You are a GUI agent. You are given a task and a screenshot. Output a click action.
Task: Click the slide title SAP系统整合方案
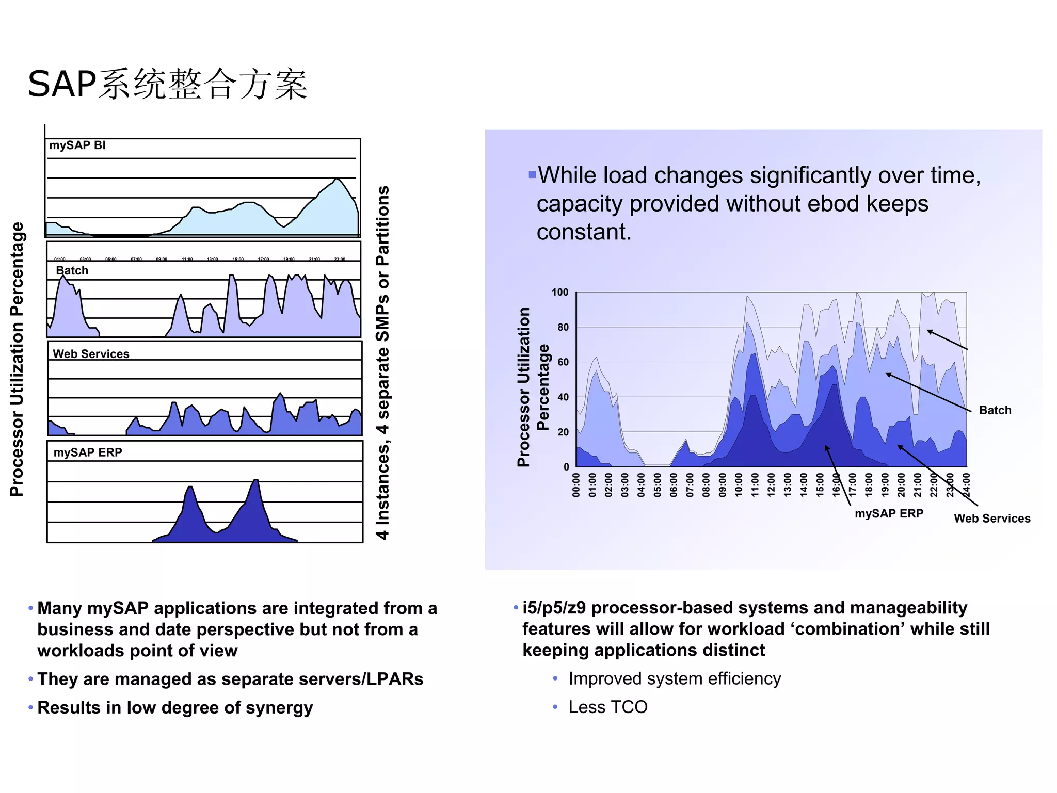(168, 84)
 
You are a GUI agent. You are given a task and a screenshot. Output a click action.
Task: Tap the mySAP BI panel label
(77, 145)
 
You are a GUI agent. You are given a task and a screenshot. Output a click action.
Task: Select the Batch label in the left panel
(72, 271)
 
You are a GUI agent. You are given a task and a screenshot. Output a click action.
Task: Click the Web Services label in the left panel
(91, 354)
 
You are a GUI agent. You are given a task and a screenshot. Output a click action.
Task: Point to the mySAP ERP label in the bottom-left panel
(88, 452)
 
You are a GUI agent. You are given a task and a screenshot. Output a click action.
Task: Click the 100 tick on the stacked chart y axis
(560, 293)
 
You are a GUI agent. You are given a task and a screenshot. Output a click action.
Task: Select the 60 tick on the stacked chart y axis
(563, 362)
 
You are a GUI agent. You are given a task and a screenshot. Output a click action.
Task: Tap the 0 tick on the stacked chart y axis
(566, 467)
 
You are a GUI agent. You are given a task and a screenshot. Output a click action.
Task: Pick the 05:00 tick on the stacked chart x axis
(658, 485)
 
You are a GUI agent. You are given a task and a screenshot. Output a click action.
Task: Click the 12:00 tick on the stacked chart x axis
(771, 485)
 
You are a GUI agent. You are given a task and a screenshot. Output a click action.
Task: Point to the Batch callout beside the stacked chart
(995, 411)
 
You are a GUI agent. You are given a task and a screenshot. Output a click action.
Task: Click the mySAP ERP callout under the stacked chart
(889, 514)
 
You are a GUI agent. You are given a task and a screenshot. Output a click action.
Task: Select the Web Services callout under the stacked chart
(991, 519)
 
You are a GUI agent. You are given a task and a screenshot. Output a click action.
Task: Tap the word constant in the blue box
(584, 232)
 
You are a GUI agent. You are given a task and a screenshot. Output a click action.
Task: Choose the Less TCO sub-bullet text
(607, 707)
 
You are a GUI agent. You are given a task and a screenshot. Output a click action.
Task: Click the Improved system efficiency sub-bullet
(675, 679)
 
